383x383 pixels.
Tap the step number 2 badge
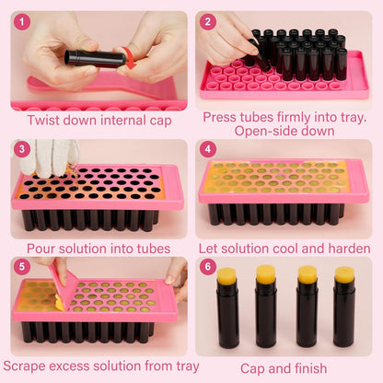point(208,21)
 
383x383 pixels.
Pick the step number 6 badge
point(208,267)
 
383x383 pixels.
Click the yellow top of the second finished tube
point(266,274)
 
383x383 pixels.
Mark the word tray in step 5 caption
point(175,366)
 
